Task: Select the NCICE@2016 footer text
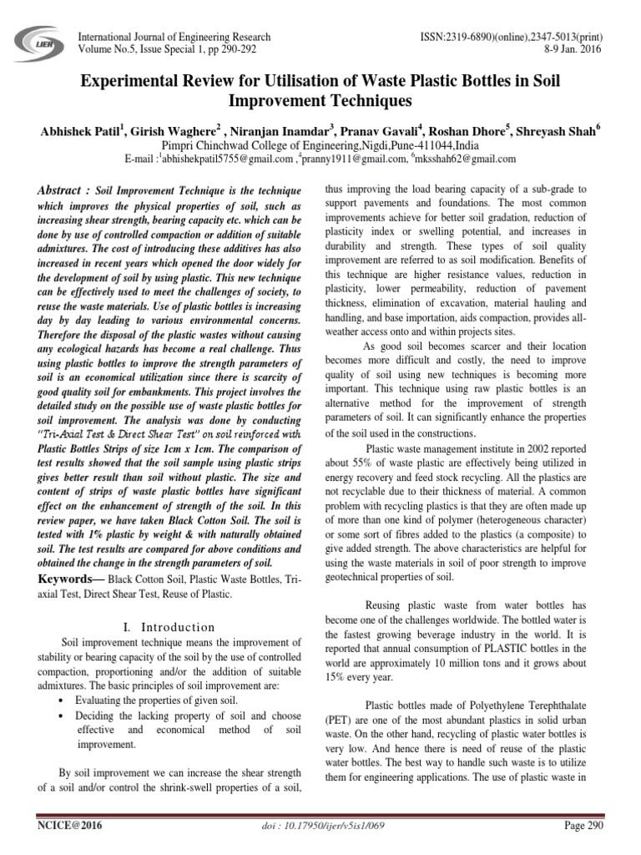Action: tap(62, 826)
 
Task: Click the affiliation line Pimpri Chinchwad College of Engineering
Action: tap(320, 144)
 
